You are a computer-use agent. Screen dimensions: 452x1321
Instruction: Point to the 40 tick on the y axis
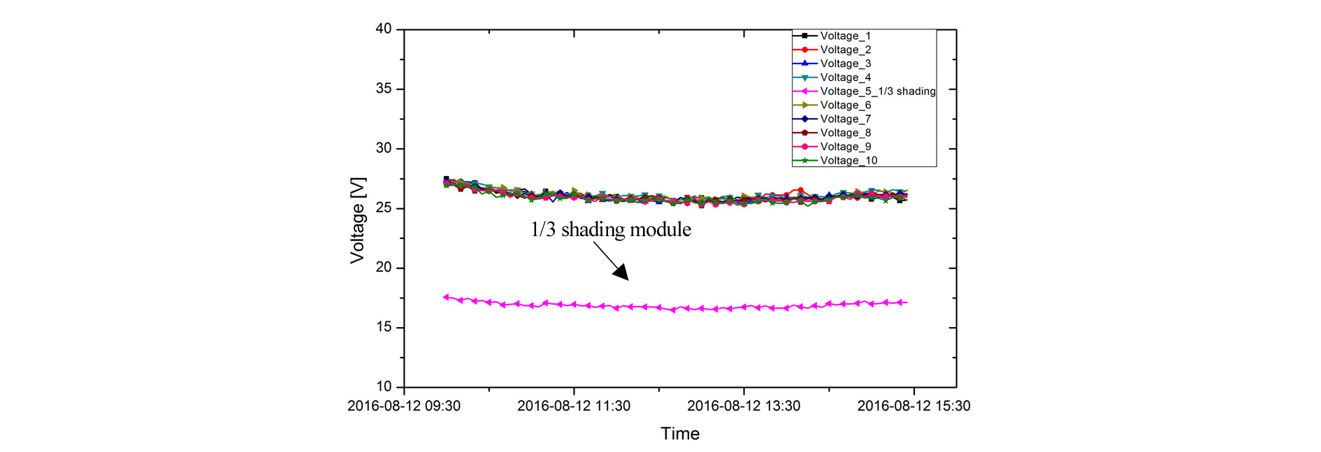tap(384, 29)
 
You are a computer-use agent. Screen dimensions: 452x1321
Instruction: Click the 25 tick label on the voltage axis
tap(384, 208)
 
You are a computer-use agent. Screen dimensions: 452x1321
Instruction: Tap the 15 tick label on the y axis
tap(384, 327)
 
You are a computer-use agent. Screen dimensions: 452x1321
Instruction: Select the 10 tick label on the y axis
tap(384, 386)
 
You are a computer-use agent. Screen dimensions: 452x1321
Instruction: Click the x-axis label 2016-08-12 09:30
tap(404, 406)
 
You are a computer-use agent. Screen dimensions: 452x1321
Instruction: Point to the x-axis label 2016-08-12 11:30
tap(574, 406)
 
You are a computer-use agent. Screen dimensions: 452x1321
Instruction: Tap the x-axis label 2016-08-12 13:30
tap(744, 406)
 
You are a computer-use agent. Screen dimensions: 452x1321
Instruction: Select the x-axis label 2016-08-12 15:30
tap(914, 406)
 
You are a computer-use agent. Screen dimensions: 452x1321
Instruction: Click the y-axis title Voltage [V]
tap(357, 220)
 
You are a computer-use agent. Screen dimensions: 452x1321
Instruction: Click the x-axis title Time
tap(680, 434)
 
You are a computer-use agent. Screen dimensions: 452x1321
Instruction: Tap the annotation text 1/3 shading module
tap(611, 229)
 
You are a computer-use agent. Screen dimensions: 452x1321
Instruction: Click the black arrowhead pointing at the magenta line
tap(621, 273)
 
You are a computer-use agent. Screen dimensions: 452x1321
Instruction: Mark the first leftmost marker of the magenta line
tap(446, 297)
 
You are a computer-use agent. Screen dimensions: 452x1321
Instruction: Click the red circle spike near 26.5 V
tap(800, 190)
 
